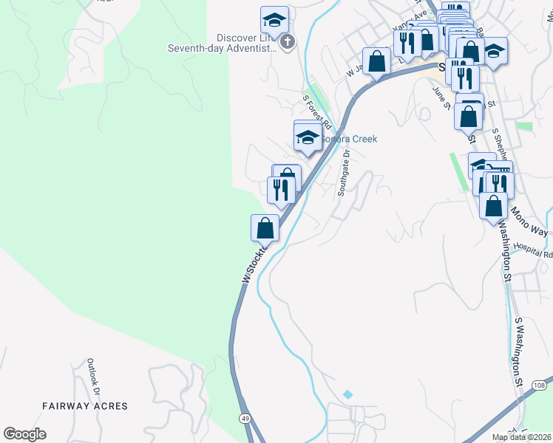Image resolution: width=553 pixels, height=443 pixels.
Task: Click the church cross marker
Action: (288, 43)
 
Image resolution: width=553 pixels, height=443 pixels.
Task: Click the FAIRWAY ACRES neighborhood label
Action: (85, 406)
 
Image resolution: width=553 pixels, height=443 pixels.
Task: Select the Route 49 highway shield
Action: (243, 419)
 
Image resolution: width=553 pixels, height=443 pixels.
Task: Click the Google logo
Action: (24, 434)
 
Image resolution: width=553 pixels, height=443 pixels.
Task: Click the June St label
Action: (446, 95)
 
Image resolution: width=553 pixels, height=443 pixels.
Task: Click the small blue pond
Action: (347, 394)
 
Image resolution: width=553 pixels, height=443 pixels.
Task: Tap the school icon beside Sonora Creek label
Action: (308, 137)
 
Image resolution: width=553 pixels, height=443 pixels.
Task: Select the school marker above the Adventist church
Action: (274, 20)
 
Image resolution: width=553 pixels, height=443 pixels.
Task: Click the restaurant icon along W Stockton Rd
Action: (281, 190)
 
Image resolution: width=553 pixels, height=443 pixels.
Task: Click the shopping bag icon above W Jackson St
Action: (376, 61)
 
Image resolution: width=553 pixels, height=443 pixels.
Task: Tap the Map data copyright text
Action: (521, 437)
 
